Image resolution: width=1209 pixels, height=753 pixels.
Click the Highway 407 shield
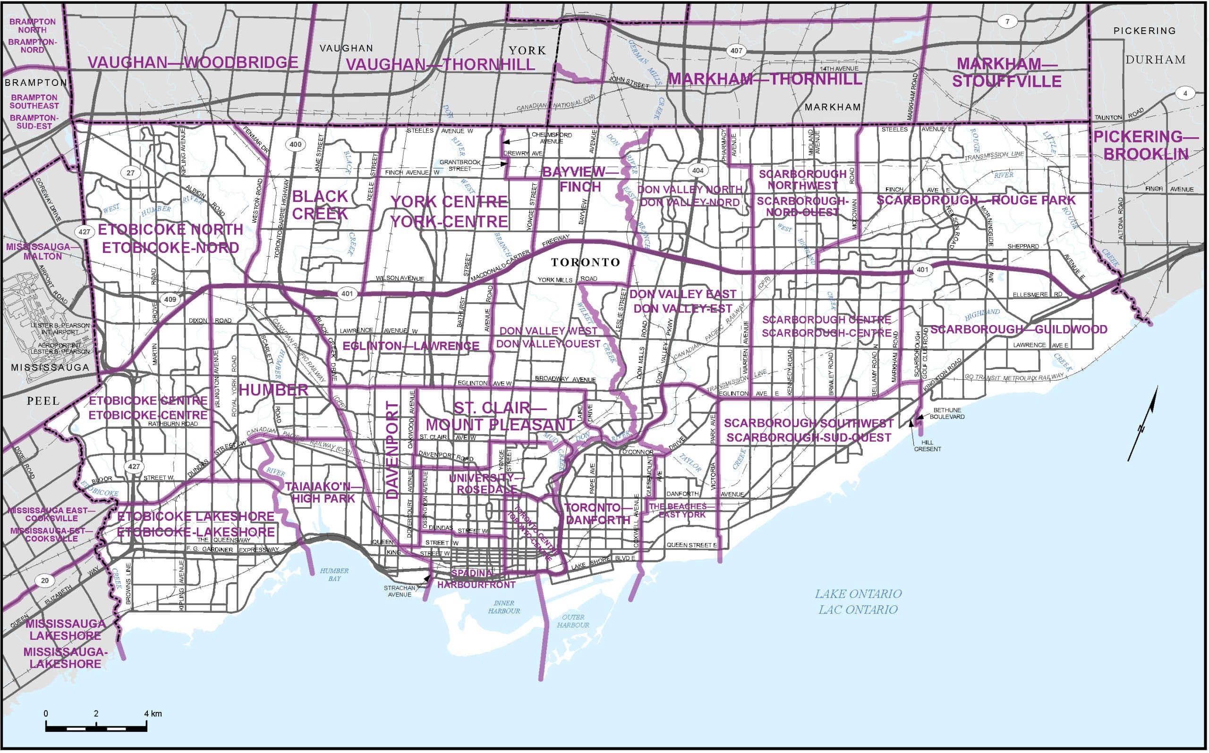point(737,50)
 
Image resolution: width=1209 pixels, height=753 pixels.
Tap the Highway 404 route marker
point(698,170)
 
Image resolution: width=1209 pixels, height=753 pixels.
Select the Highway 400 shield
point(296,145)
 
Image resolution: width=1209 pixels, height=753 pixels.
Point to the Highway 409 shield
point(170,300)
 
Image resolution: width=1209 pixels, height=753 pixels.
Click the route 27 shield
point(130,173)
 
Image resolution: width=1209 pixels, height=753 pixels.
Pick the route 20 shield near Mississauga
point(45,581)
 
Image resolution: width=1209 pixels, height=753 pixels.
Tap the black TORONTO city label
point(585,262)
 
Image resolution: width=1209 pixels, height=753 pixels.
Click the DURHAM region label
point(1155,60)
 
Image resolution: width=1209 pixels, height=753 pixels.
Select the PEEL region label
point(43,401)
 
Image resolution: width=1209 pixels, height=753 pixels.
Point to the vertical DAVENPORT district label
point(393,450)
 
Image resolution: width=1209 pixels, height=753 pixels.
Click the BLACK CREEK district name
point(320,205)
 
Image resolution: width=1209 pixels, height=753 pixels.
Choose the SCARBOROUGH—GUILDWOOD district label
point(1019,329)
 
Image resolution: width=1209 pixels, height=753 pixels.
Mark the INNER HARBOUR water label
point(504,607)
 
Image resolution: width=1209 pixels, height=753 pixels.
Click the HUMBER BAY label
point(334,574)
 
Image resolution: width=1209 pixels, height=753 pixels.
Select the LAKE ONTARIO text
point(858,594)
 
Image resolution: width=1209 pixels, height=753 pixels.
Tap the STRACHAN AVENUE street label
point(399,591)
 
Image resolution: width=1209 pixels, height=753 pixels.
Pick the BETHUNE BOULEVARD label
point(946,413)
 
